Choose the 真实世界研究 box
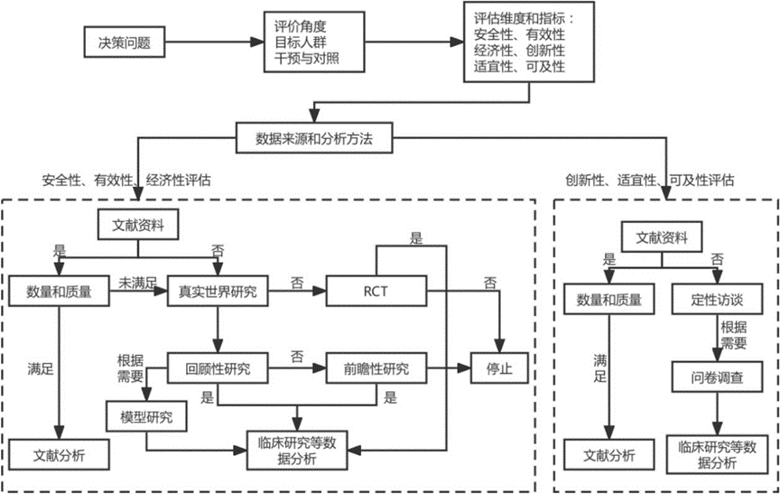point(218,291)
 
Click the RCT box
point(376,291)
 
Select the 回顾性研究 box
point(218,368)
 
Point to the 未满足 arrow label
point(138,283)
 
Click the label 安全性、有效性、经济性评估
point(126,180)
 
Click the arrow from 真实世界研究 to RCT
point(297,291)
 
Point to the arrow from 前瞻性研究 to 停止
point(444,368)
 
